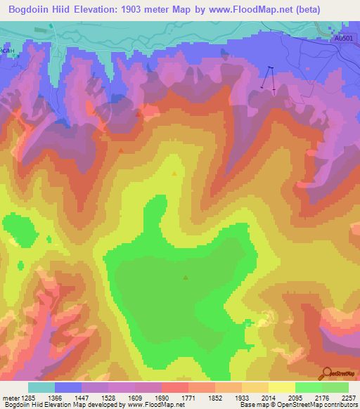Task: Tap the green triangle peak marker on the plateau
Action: [186, 278]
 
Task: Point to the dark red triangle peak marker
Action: [122, 150]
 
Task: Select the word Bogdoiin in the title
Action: [31, 10]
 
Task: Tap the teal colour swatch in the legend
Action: [41, 387]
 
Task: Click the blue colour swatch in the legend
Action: [68, 387]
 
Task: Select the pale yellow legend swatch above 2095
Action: [281, 387]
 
